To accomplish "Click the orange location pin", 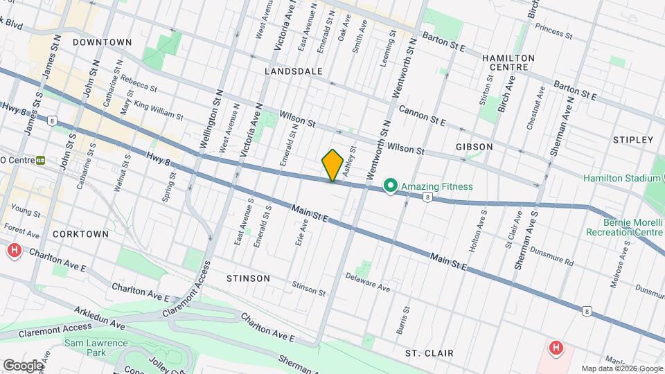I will pos(332,165).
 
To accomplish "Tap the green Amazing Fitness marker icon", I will pos(391,186).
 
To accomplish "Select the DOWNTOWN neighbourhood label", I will pos(102,42).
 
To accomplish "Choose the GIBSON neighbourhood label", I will pos(475,147).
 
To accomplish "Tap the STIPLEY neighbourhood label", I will pos(633,140).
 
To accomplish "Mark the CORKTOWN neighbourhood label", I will pos(80,234).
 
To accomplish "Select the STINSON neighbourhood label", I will pos(248,278).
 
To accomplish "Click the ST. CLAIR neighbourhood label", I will pos(429,353).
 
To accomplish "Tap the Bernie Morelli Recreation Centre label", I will pos(623,227).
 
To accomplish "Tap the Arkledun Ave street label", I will pos(96,320).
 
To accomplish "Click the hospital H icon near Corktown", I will pos(14,251).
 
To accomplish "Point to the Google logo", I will pos(23,365).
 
